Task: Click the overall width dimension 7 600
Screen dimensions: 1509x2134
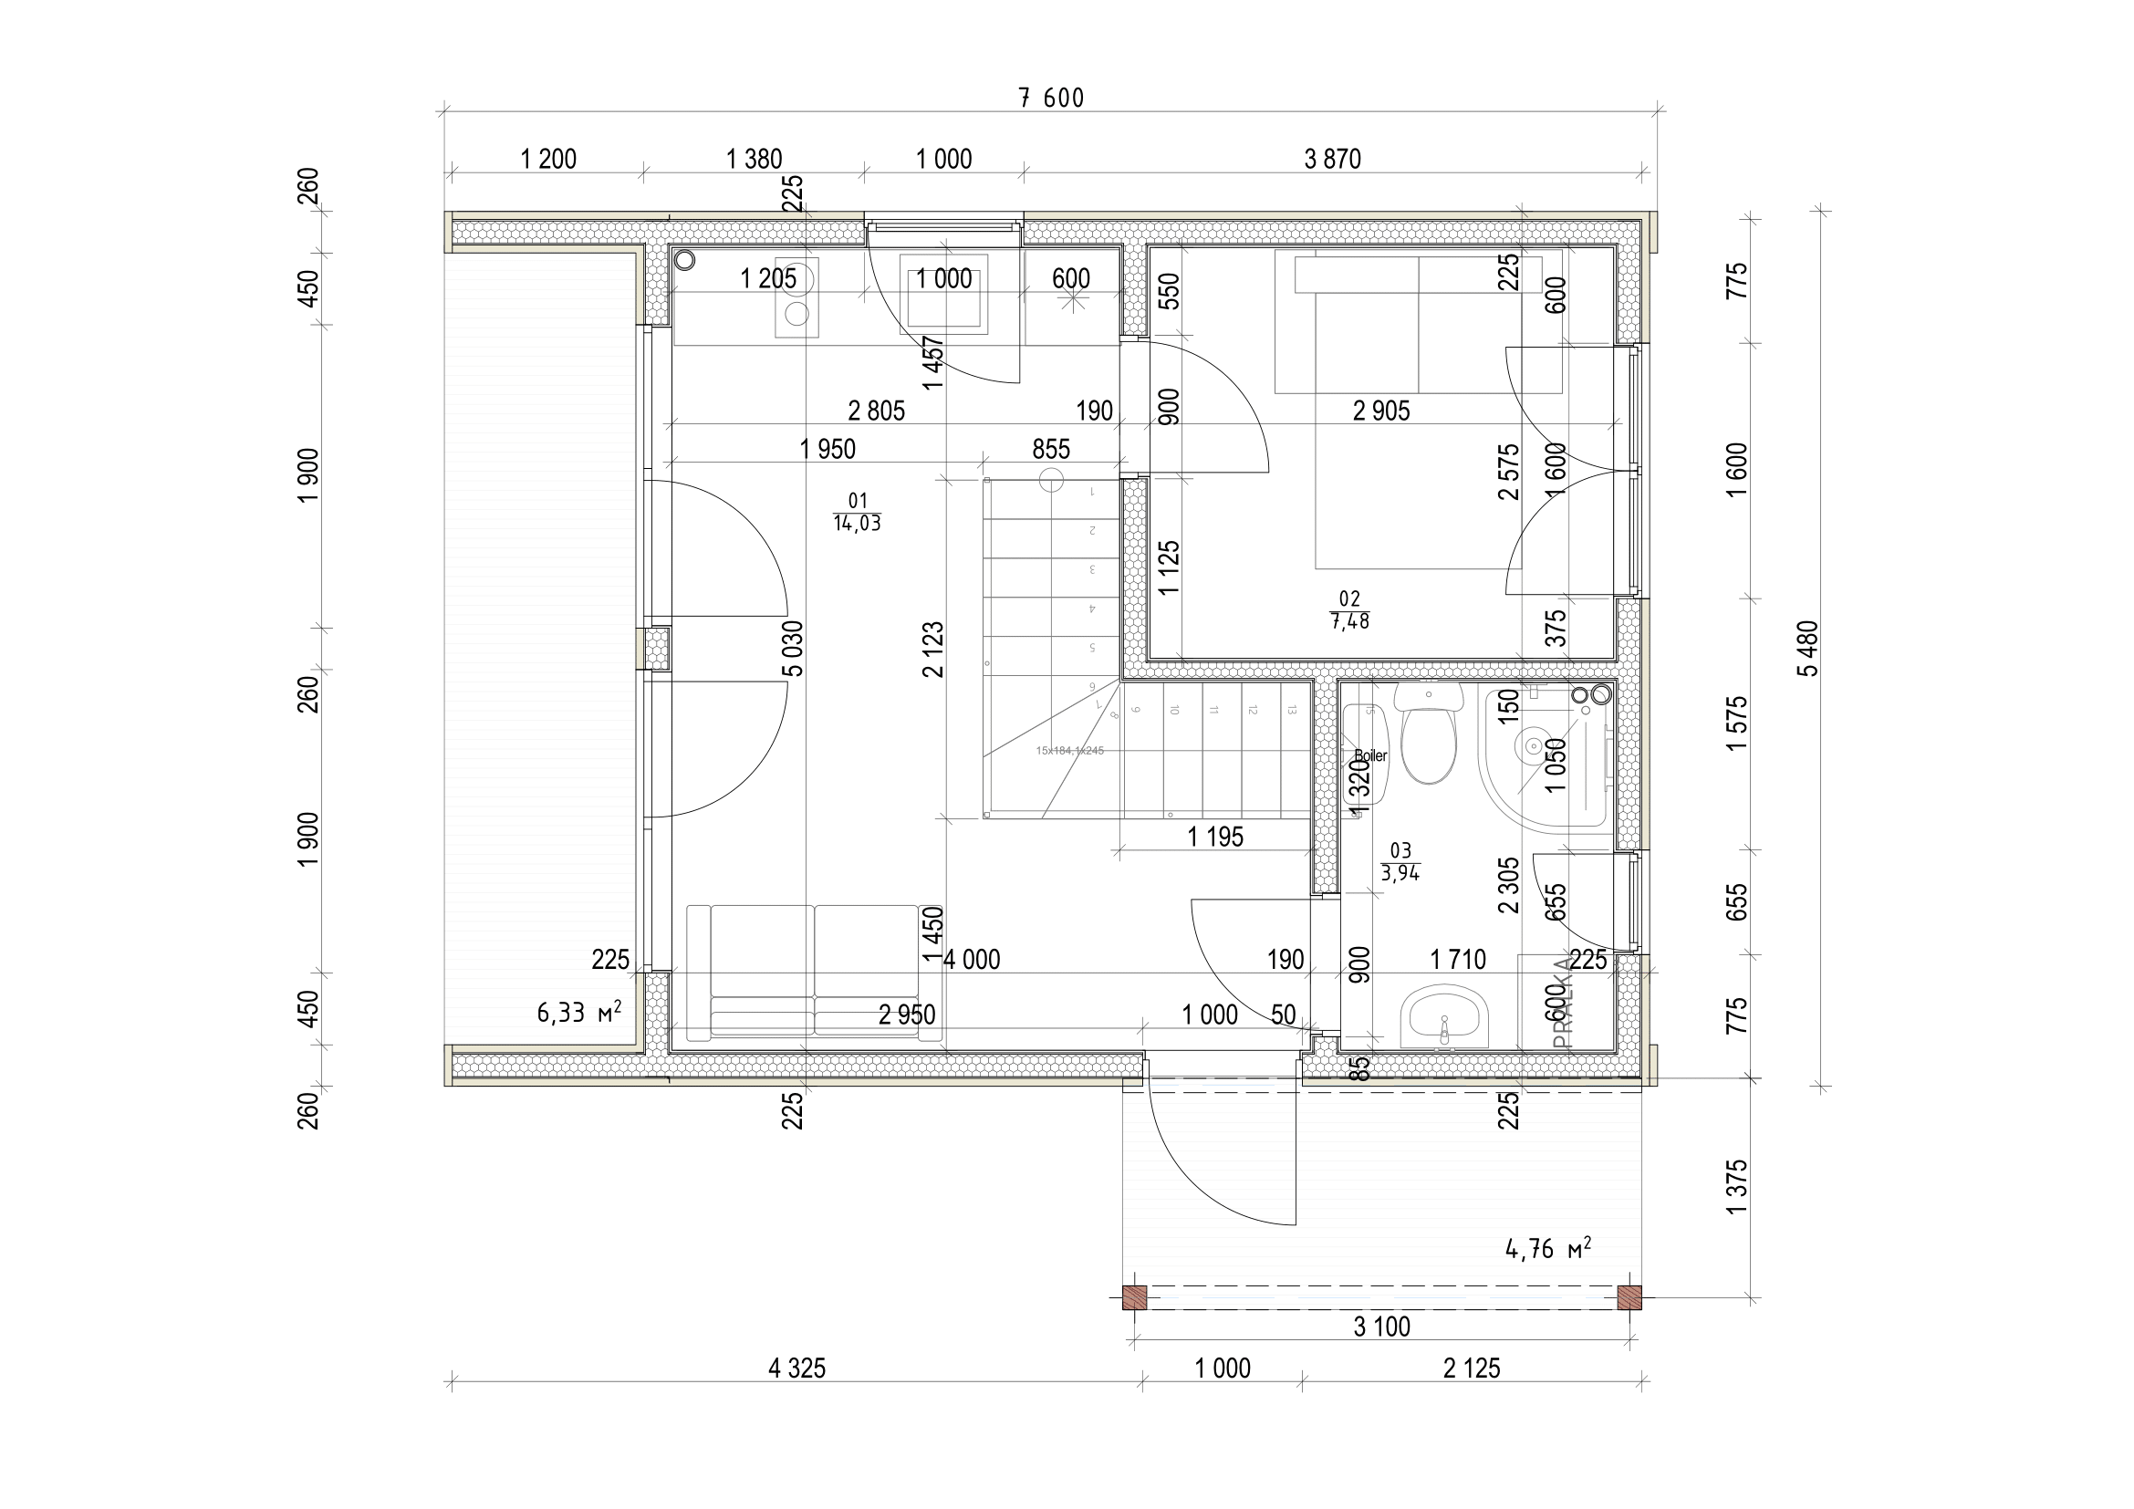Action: tap(1051, 99)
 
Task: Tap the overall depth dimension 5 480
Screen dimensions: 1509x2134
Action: tap(1807, 648)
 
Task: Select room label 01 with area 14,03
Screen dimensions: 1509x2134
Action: tap(857, 513)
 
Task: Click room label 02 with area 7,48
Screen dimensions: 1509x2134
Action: tap(1349, 610)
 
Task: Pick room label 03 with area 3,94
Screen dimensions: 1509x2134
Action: tap(1400, 862)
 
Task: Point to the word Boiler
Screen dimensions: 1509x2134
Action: tap(1371, 755)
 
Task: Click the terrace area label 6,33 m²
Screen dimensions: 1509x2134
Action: tap(578, 1012)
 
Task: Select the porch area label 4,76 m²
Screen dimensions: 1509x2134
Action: tap(1547, 1248)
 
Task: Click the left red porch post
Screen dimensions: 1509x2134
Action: tap(1134, 1297)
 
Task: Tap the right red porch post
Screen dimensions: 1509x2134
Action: tap(1629, 1297)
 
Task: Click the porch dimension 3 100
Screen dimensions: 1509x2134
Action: tap(1381, 1327)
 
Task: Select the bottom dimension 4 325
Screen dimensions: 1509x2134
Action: tap(796, 1368)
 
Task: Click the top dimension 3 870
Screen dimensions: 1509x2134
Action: tap(1332, 160)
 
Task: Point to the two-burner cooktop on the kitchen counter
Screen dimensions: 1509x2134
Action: tap(797, 297)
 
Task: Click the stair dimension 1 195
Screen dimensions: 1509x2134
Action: tap(1214, 838)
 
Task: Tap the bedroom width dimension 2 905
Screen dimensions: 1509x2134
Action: tap(1380, 411)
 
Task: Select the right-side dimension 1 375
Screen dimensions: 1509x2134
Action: tap(1735, 1186)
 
